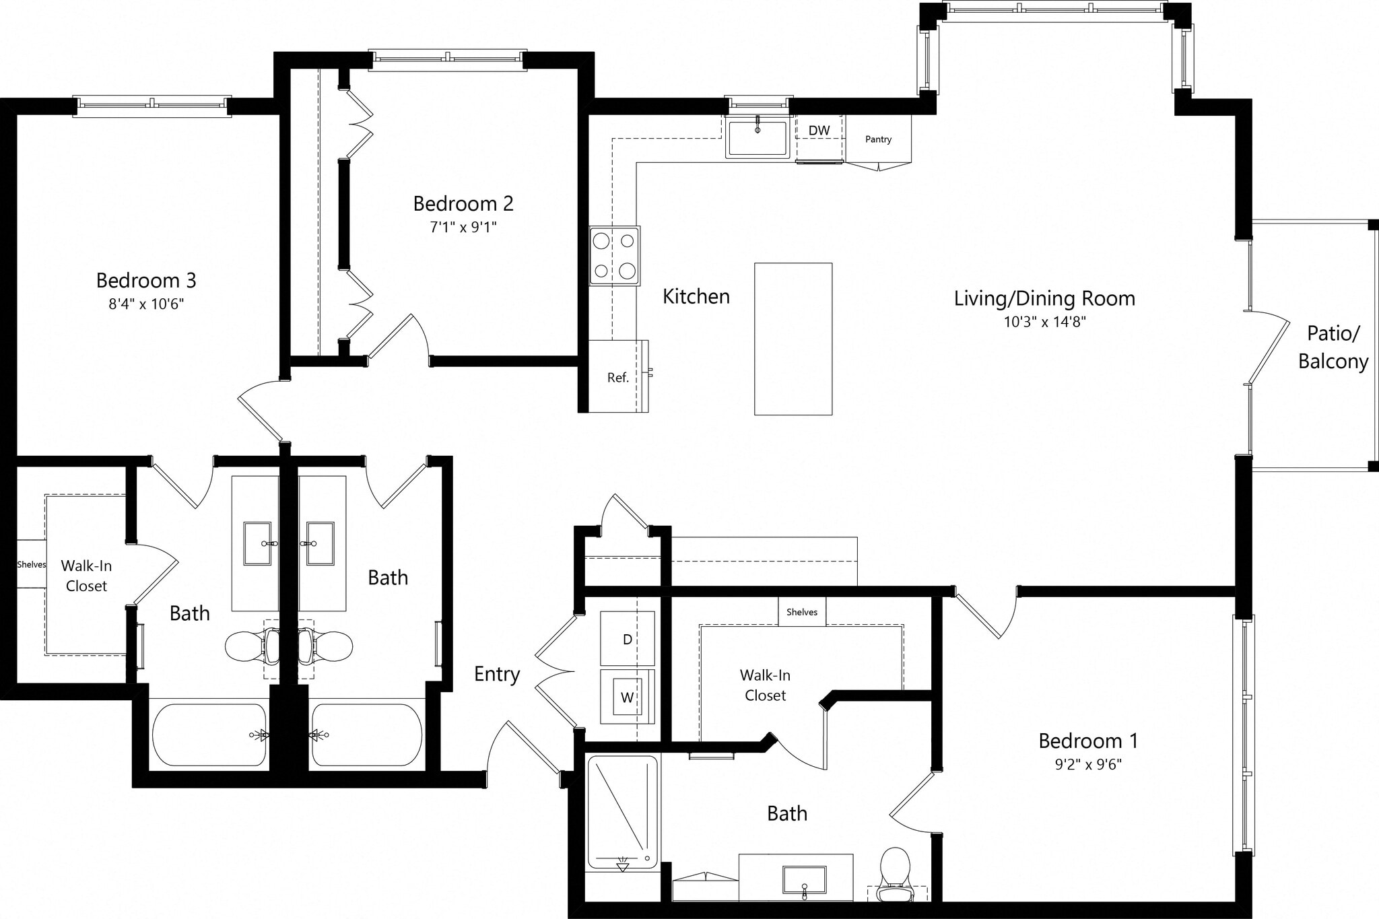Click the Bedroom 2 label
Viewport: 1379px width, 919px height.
pos(463,203)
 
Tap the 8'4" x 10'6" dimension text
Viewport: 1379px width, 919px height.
pos(146,304)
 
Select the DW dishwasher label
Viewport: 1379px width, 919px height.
pos(819,131)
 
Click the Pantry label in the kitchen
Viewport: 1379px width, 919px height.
pos(878,139)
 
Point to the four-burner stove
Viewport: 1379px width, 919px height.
pos(614,256)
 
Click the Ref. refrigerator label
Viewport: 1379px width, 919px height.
pos(617,378)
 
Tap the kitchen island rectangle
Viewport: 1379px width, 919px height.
pos(793,339)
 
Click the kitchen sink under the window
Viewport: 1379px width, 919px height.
pos(758,138)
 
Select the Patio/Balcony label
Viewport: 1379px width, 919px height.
pos(1333,347)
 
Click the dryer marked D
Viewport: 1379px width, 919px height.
pos(627,639)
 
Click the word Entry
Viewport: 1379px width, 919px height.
pos(497,674)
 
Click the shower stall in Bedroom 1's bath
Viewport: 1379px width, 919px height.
pos(622,811)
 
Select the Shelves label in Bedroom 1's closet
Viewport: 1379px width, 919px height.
pos(801,612)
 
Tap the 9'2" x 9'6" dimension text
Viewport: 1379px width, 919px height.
pos(1088,764)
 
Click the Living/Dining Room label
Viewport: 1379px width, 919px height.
pos(1044,298)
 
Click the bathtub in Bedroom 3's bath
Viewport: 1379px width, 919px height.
pos(209,735)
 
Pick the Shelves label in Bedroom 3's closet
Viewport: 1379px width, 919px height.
pos(31,564)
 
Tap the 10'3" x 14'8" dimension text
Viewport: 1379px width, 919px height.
pos(1044,322)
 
